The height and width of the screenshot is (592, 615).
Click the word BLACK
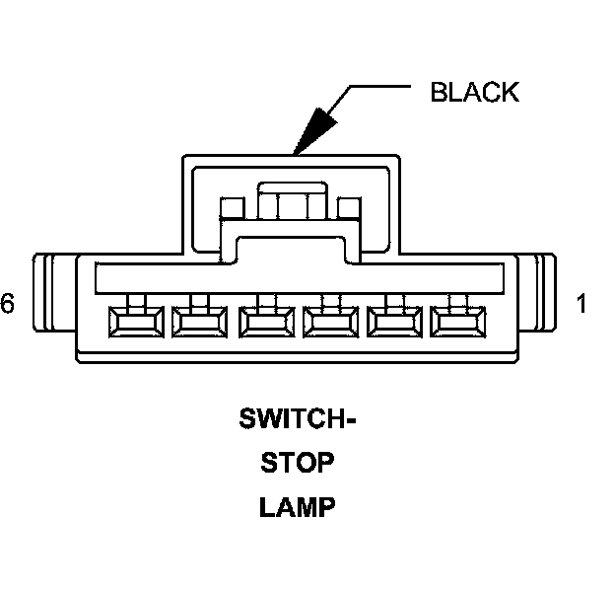(x=474, y=93)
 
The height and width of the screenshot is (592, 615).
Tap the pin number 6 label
(x=8, y=304)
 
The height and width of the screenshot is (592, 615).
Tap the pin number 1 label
(x=581, y=304)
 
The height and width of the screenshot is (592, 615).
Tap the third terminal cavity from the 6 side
(x=263, y=322)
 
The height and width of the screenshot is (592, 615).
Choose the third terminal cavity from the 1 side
(x=330, y=322)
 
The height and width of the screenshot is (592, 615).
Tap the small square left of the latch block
(x=233, y=208)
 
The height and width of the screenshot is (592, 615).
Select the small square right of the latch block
(x=348, y=208)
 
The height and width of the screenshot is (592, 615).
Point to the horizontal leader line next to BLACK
(x=379, y=88)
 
